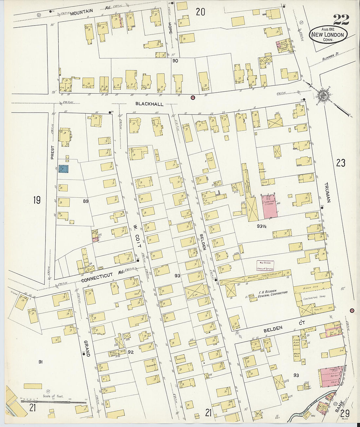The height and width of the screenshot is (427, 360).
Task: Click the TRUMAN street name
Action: (x=328, y=192)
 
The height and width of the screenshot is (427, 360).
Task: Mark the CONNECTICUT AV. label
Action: (x=102, y=277)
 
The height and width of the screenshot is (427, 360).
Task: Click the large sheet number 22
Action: (x=341, y=20)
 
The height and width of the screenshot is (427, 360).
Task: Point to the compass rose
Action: (x=323, y=95)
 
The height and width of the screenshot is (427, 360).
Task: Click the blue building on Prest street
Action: (x=63, y=169)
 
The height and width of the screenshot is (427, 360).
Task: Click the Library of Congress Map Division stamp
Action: (x=265, y=265)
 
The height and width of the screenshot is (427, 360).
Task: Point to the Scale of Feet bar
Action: (x=52, y=401)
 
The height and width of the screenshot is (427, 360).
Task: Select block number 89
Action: (x=85, y=201)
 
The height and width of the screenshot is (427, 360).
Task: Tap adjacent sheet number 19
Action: (x=37, y=200)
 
